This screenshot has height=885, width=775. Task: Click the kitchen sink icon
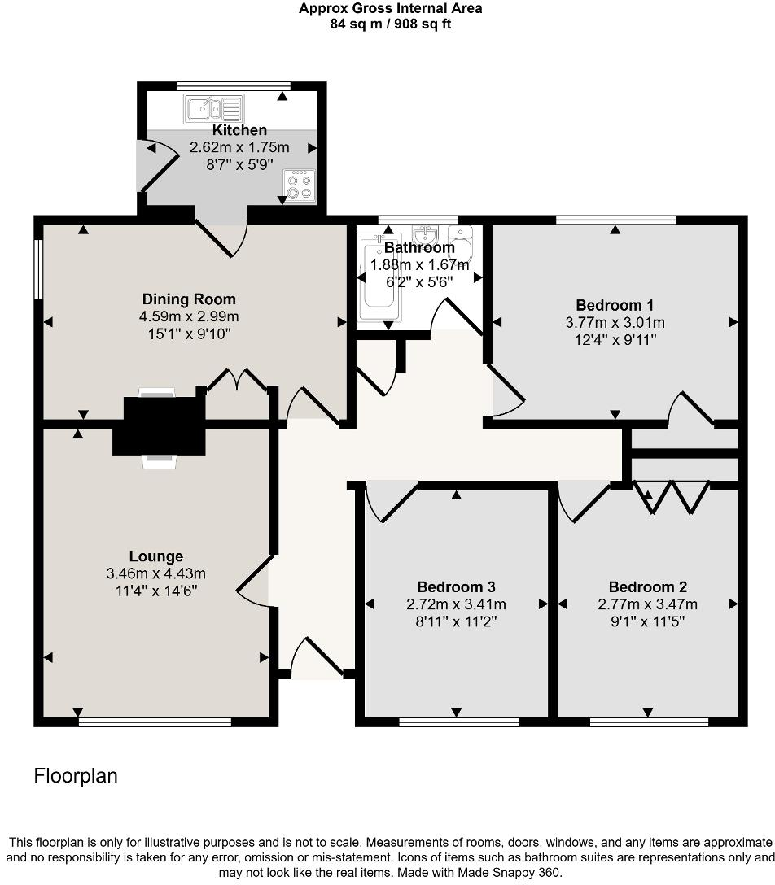tap(214, 107)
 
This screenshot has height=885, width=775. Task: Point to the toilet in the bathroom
tap(460, 244)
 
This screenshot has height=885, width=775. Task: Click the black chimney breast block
tap(159, 425)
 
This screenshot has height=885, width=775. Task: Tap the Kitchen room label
tap(239, 130)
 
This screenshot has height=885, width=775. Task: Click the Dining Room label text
tap(189, 299)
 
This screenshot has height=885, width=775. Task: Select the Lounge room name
tap(156, 557)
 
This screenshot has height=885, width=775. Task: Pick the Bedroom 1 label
tap(615, 305)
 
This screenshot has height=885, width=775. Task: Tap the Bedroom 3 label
tap(456, 587)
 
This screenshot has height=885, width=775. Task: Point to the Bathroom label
tap(419, 247)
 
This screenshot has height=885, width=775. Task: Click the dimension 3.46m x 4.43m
tap(156, 574)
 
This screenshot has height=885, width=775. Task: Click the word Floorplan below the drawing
tap(76, 776)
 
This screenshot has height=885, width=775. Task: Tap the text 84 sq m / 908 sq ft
tap(390, 24)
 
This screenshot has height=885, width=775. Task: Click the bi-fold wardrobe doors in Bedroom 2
tap(672, 498)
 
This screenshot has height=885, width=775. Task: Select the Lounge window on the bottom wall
tap(155, 722)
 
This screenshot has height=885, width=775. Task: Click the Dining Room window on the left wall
tap(37, 268)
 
